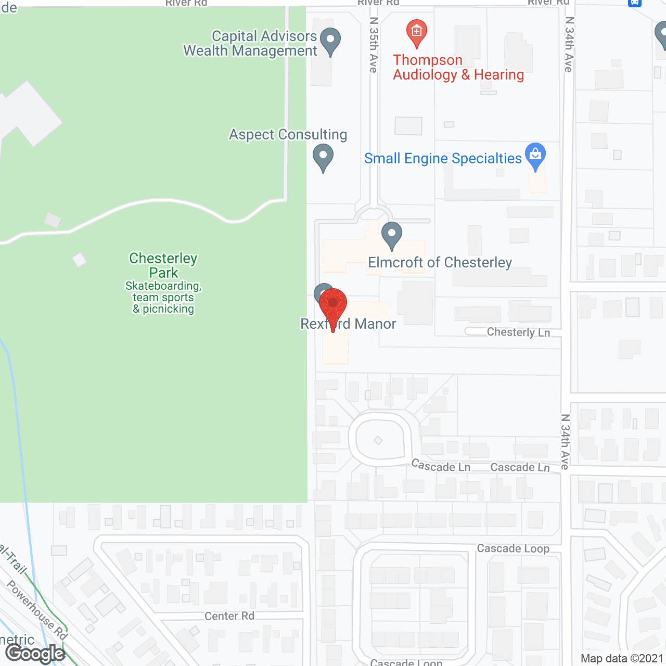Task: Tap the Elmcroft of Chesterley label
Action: point(440,263)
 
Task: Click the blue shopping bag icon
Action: point(535,155)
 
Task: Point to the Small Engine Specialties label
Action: point(443,159)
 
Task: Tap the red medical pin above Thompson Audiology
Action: point(416,32)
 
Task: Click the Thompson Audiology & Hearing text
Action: point(458,68)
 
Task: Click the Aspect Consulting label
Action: point(288,135)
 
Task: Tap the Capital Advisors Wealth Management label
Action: point(250,44)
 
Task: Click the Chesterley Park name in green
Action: point(163,265)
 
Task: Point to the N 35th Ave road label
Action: point(374,45)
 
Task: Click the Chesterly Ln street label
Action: point(518,332)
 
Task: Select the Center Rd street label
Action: point(229,616)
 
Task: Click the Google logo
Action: point(35,654)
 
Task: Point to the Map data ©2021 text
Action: point(622,659)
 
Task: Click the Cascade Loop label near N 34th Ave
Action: point(513,548)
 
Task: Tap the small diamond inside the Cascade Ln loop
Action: point(378,440)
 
